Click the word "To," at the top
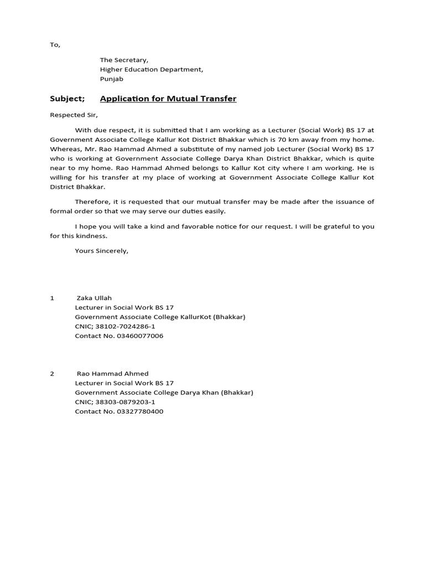[55, 45]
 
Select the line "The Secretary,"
[124, 60]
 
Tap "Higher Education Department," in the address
[151, 69]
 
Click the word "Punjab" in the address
[111, 79]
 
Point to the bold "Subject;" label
[68, 99]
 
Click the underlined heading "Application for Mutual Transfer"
[168, 99]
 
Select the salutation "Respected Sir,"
[74, 115]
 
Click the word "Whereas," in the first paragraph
[65, 149]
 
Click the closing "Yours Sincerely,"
[101, 251]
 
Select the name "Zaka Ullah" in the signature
[94, 298]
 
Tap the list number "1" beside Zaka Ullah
[52, 298]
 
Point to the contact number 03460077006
[140, 336]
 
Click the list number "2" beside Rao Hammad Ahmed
[52, 374]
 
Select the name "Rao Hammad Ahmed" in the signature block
[112, 374]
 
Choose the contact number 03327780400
[140, 411]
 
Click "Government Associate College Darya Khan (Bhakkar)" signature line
[164, 393]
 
